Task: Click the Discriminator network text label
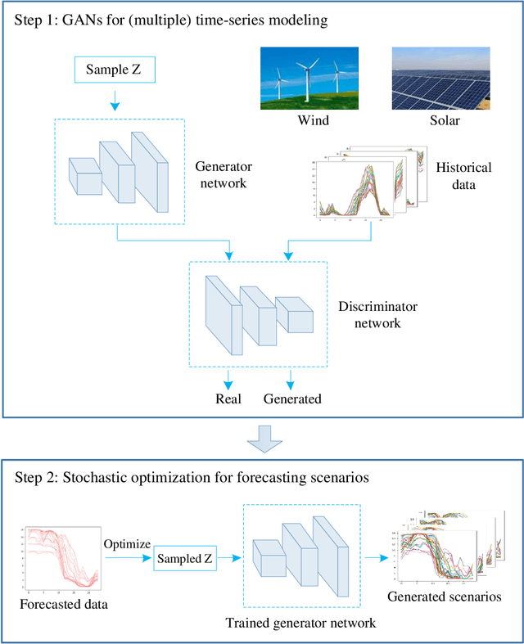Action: pos(377,314)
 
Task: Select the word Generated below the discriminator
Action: pos(292,399)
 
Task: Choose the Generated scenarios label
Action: pos(444,597)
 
